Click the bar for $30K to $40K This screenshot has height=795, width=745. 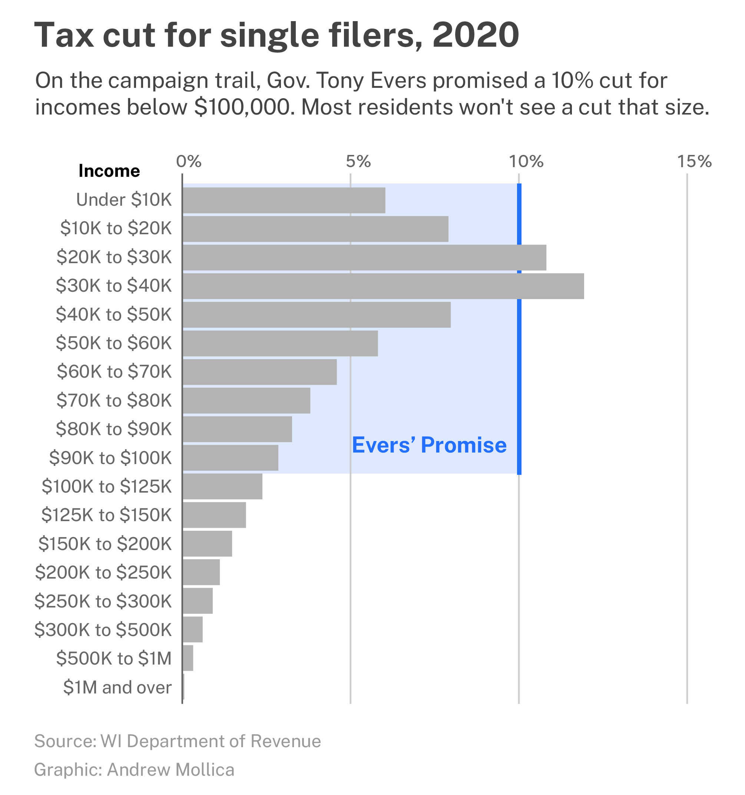(383, 286)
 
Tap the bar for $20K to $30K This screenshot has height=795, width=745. (364, 257)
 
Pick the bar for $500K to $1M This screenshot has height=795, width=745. (188, 658)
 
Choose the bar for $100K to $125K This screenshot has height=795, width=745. (222, 486)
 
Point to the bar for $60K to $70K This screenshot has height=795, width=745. (259, 372)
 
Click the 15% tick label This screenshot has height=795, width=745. (694, 161)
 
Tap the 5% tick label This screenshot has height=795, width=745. (358, 161)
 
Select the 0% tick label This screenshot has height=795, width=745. (188, 161)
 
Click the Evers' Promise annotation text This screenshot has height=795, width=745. (429, 445)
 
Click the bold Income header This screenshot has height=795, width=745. (109, 171)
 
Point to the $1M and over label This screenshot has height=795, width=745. (117, 687)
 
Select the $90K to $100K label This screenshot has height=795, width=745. (110, 457)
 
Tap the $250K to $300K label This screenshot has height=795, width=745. (103, 601)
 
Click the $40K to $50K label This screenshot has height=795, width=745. (113, 314)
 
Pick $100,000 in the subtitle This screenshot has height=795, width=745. (242, 107)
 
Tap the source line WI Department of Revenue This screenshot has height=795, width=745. (211, 741)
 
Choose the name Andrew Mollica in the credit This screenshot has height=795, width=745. (170, 769)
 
